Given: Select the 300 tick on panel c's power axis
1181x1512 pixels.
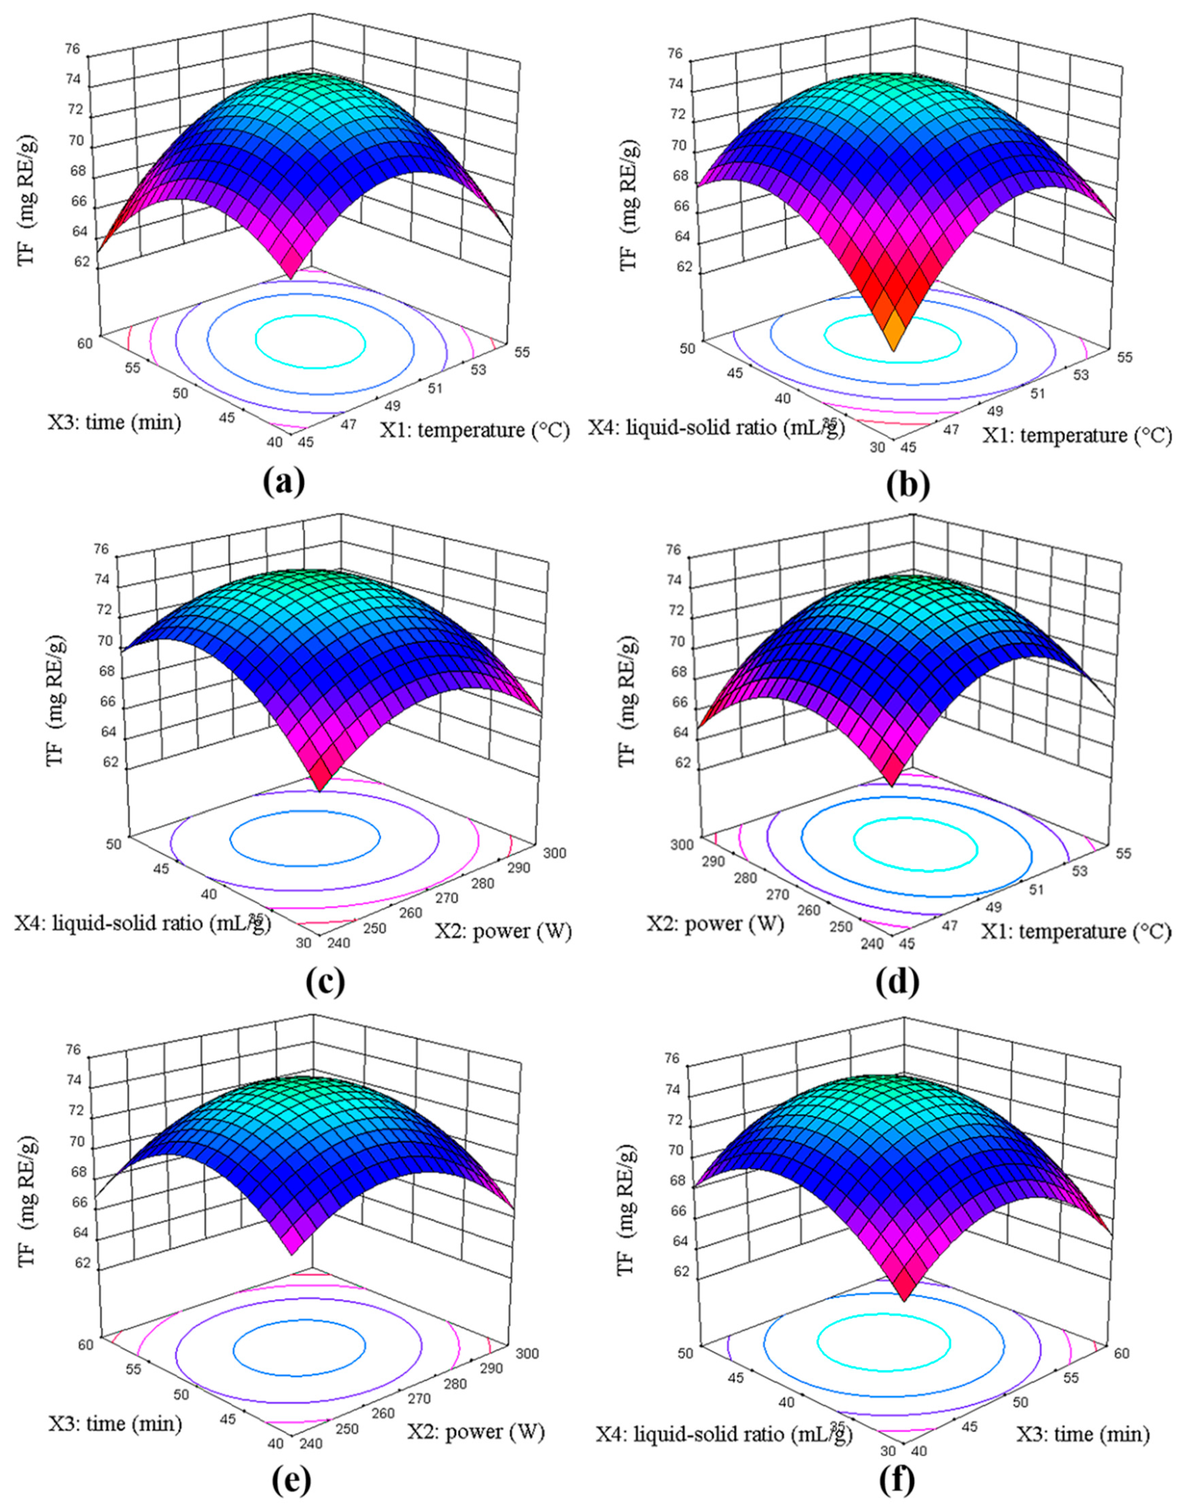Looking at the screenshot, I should pos(553,853).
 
